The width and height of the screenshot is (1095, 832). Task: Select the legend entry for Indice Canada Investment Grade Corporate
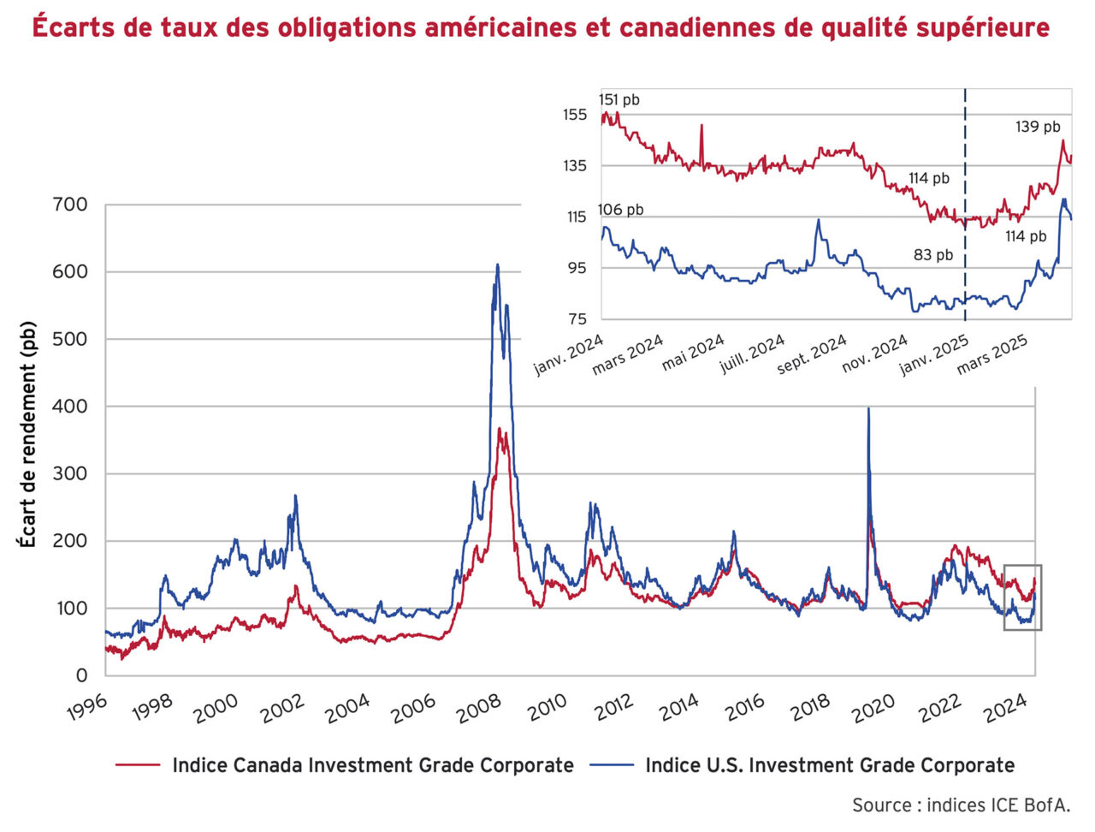[x=372, y=765]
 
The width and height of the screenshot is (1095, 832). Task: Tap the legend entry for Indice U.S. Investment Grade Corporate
[x=829, y=765]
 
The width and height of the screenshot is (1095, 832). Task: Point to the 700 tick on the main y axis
[x=70, y=205]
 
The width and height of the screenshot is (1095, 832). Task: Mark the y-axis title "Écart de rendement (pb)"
[x=28, y=435]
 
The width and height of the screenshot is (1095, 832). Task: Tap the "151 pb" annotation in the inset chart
[x=619, y=100]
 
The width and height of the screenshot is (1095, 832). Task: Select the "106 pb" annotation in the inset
[x=621, y=210]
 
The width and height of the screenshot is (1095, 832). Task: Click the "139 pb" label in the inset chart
[x=1038, y=127]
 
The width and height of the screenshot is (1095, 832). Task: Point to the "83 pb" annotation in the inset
[x=933, y=255]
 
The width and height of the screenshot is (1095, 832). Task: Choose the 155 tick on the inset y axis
[x=575, y=115]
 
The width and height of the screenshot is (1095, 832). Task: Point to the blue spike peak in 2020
[x=868, y=409]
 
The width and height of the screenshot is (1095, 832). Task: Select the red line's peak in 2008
[x=500, y=430]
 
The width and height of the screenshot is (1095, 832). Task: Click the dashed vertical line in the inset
[x=966, y=171]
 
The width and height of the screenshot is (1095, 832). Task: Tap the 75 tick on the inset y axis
[x=577, y=319]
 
